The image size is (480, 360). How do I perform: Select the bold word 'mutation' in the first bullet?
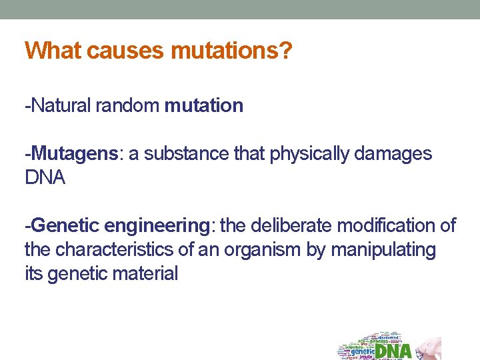pos(203,106)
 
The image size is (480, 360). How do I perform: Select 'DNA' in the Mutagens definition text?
pos(45,179)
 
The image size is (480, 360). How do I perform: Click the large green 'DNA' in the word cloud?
pos(393,351)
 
